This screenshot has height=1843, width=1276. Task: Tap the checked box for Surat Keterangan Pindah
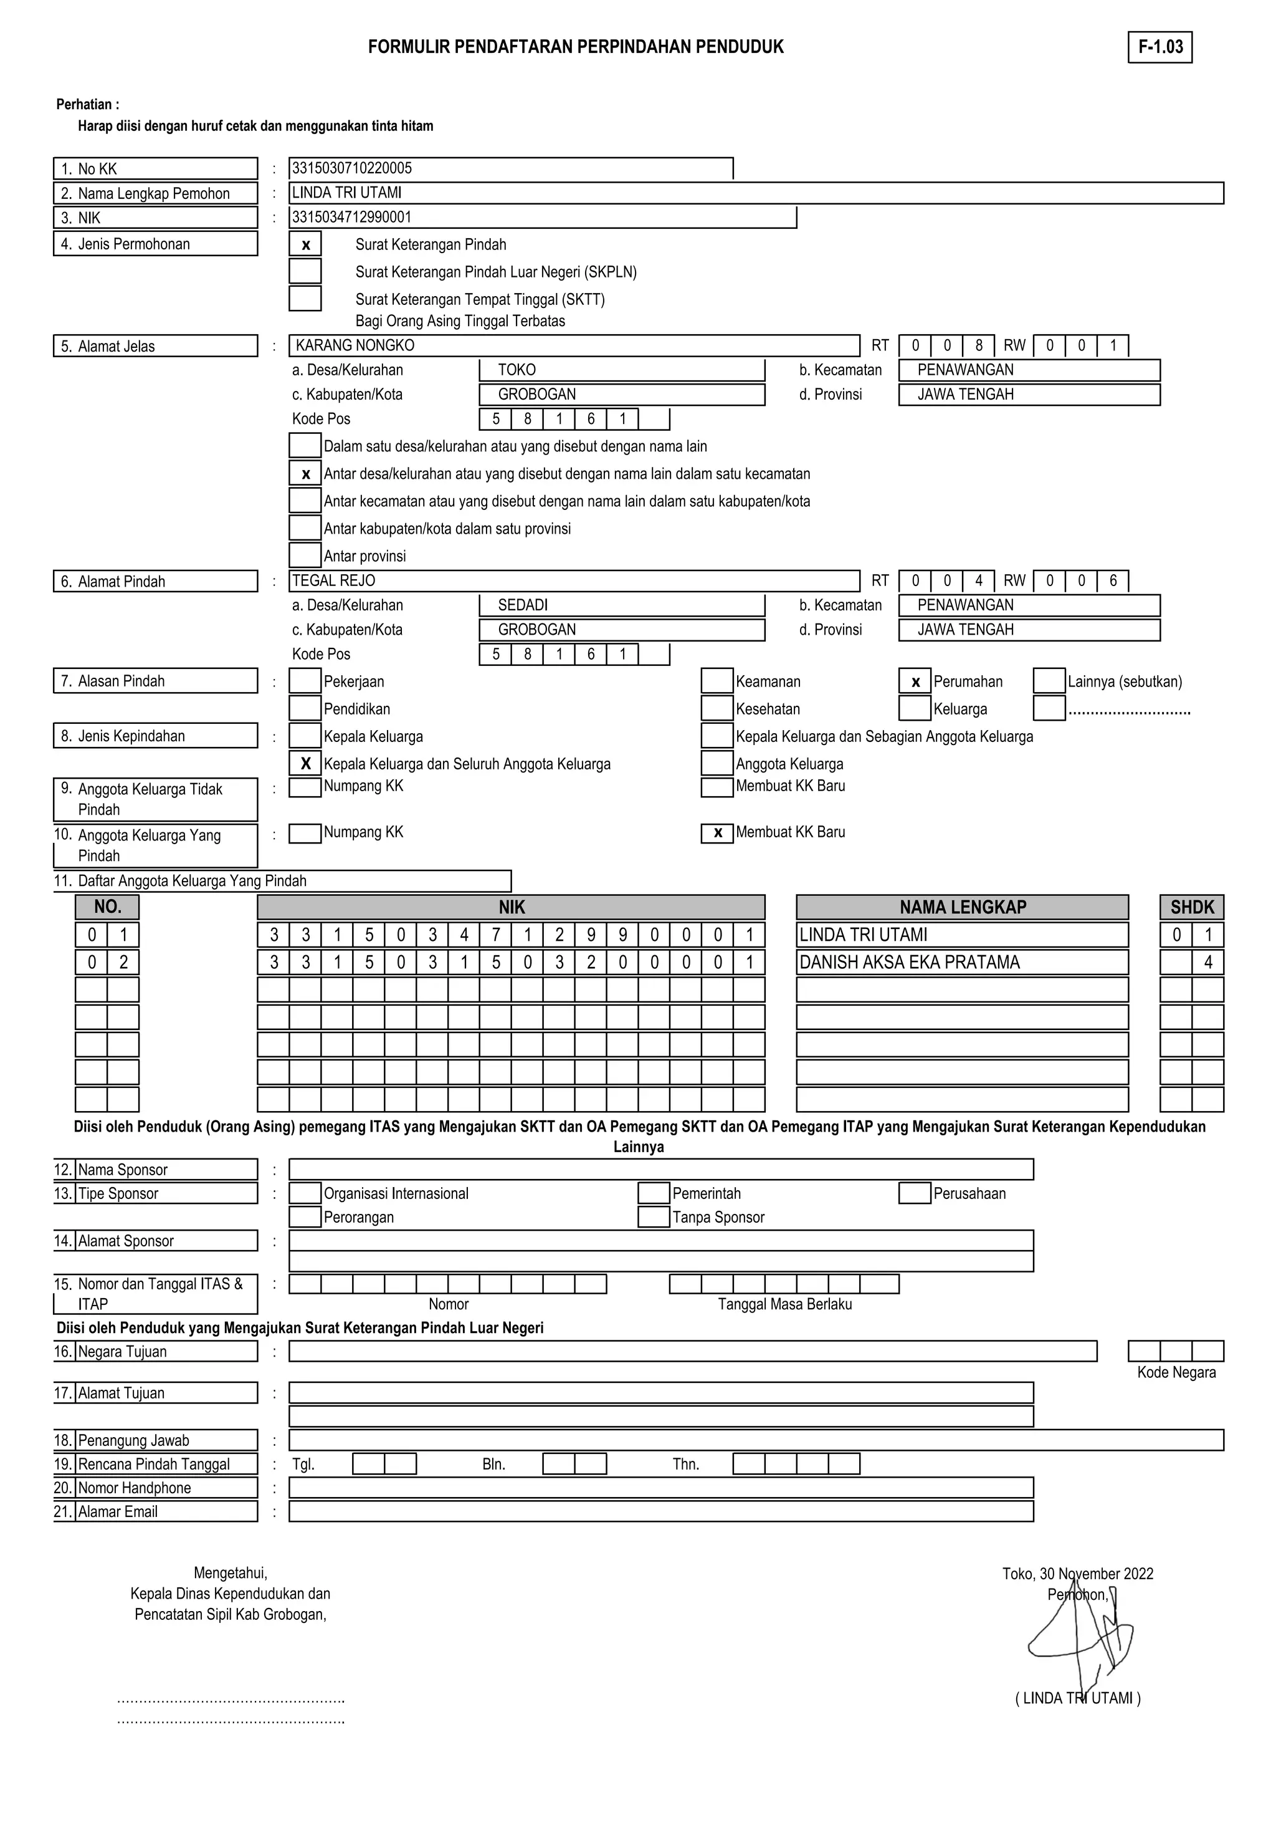(305, 245)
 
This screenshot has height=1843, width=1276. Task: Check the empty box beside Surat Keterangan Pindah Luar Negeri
(305, 271)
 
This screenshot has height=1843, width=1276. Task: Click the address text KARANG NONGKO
(355, 345)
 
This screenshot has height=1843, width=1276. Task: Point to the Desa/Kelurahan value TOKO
(517, 370)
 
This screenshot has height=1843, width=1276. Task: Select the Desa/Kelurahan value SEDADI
(523, 605)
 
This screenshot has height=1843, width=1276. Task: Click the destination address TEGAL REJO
(333, 580)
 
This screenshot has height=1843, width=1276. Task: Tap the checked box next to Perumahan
(915, 681)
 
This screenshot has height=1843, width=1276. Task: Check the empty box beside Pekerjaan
(305, 681)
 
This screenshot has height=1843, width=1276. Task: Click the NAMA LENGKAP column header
(962, 907)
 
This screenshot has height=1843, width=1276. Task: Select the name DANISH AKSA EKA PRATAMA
(910, 962)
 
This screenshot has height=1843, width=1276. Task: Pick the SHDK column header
(1191, 907)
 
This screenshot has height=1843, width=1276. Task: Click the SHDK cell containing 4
(1207, 962)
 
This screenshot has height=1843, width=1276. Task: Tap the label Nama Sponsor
(123, 1170)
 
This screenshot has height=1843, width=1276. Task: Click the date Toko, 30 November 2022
(1078, 1574)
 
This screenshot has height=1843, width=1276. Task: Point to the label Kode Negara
(1176, 1373)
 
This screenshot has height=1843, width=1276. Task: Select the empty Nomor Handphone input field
(660, 1488)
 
